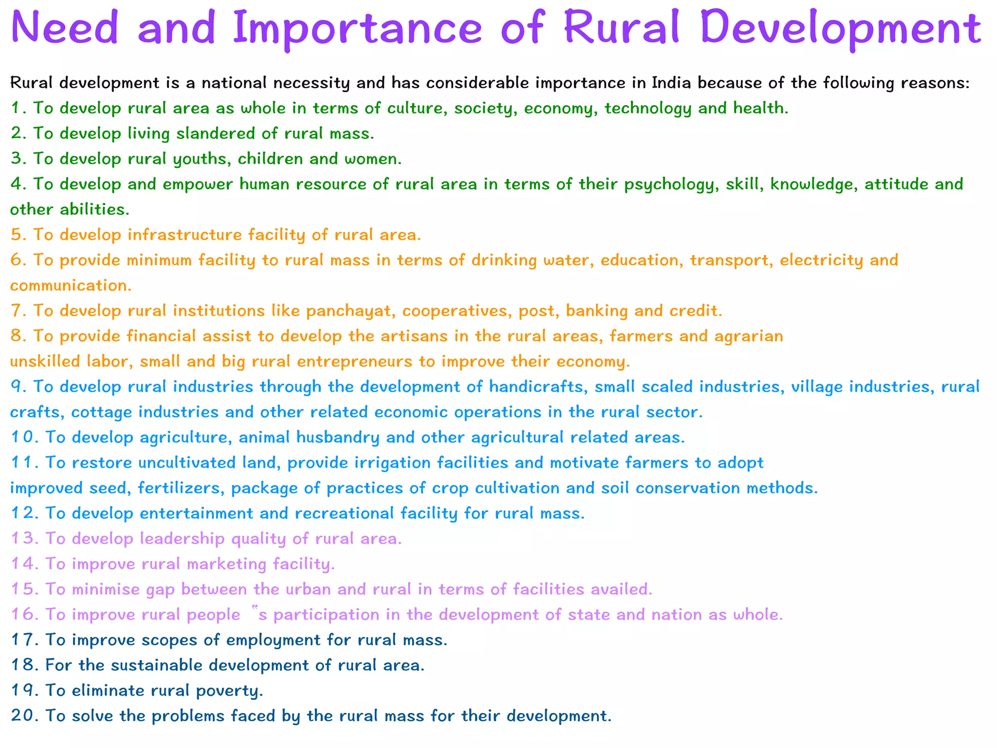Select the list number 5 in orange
(x=18, y=235)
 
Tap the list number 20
(x=24, y=716)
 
